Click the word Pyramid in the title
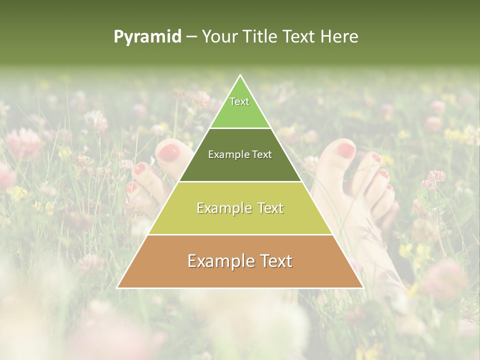pyautogui.click(x=147, y=37)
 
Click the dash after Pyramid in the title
pyautogui.click(x=191, y=37)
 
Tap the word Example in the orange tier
pyautogui.click(x=220, y=261)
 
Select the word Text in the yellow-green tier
pyautogui.click(x=270, y=207)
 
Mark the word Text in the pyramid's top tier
pyautogui.click(x=239, y=101)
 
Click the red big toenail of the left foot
pyautogui.click(x=169, y=150)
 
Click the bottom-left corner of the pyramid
pyautogui.click(x=117, y=287)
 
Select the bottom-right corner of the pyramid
pyautogui.click(x=362, y=287)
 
